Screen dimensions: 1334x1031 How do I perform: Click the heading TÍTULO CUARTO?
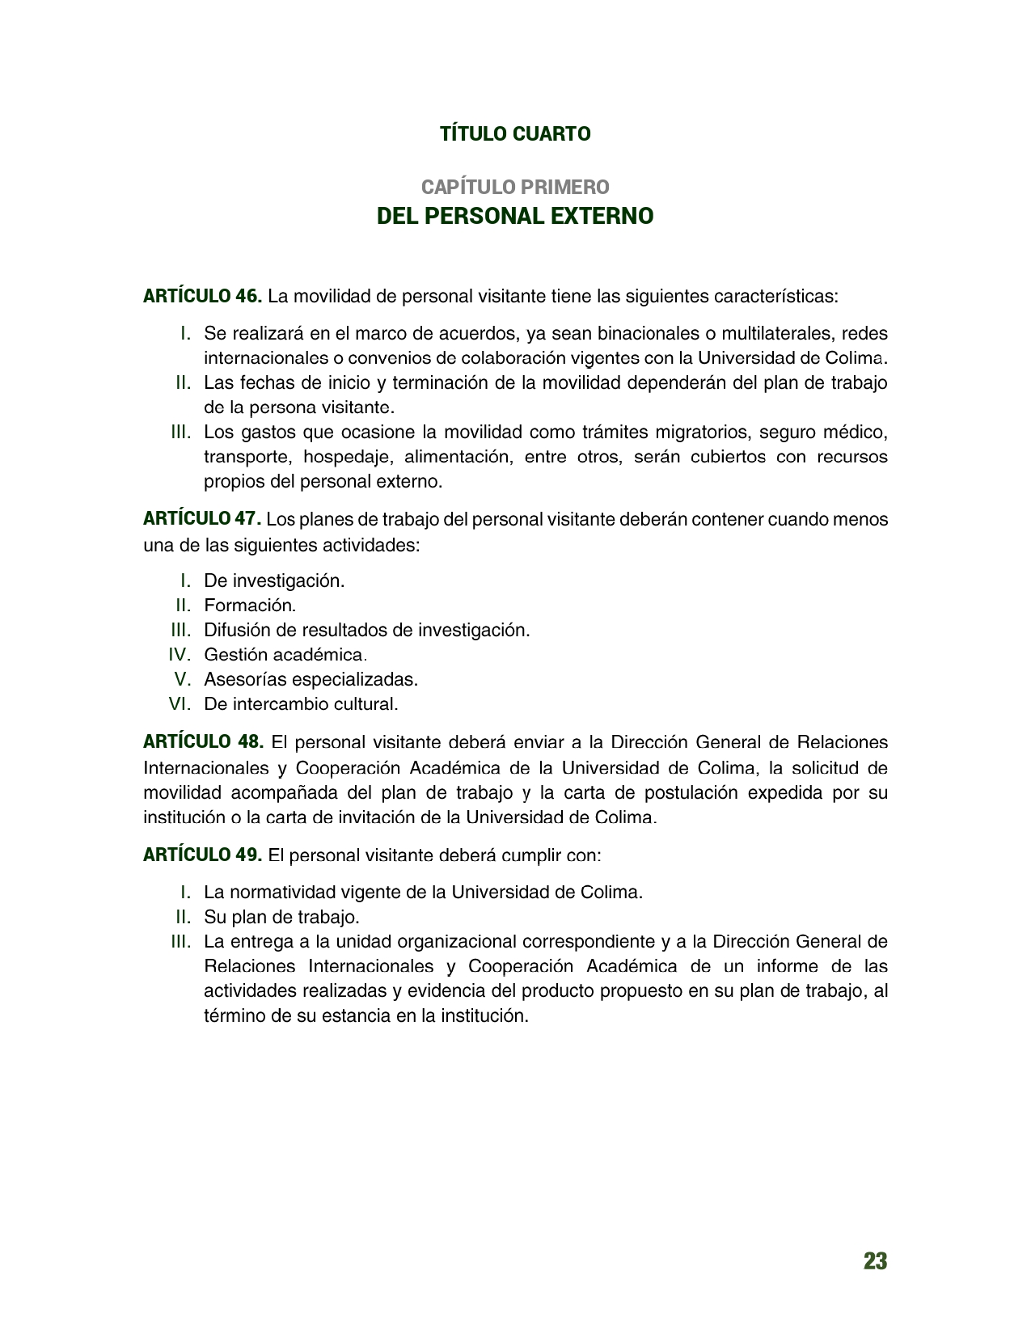[515, 134]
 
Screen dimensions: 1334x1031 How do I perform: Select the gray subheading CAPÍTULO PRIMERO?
[515, 188]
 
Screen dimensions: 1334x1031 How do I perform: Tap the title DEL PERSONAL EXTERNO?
[515, 217]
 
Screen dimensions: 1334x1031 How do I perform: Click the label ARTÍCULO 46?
[202, 296]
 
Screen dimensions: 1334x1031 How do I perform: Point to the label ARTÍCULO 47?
[201, 518]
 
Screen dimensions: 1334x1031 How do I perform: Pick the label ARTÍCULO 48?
[203, 741]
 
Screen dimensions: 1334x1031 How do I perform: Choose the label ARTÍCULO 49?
[202, 855]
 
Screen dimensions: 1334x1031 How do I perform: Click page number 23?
[875, 1261]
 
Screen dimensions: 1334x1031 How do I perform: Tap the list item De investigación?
[274, 580]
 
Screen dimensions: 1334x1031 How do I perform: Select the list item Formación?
[250, 605]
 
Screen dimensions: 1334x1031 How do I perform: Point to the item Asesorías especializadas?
[311, 679]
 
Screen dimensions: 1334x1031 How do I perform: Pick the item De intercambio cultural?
[301, 704]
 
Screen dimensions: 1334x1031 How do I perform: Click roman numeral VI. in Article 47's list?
[180, 704]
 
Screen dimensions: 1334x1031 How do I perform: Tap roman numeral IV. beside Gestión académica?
[180, 654]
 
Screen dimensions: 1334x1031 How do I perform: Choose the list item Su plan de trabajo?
[281, 917]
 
